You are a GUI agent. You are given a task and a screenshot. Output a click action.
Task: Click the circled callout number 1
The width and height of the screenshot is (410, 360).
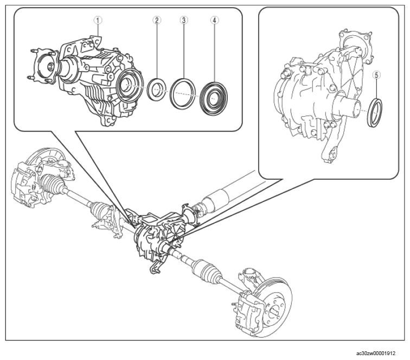coord(98,20)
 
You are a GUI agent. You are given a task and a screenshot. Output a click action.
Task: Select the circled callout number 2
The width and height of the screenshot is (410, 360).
coord(157,20)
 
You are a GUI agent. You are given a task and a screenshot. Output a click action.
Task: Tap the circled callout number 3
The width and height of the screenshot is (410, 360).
coord(184,20)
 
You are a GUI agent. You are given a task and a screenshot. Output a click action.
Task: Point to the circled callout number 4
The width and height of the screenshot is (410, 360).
coord(214,20)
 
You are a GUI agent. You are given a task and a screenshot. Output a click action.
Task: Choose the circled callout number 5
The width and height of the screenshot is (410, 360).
coord(376,75)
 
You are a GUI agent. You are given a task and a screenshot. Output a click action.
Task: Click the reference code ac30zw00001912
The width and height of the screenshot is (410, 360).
coord(376,353)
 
